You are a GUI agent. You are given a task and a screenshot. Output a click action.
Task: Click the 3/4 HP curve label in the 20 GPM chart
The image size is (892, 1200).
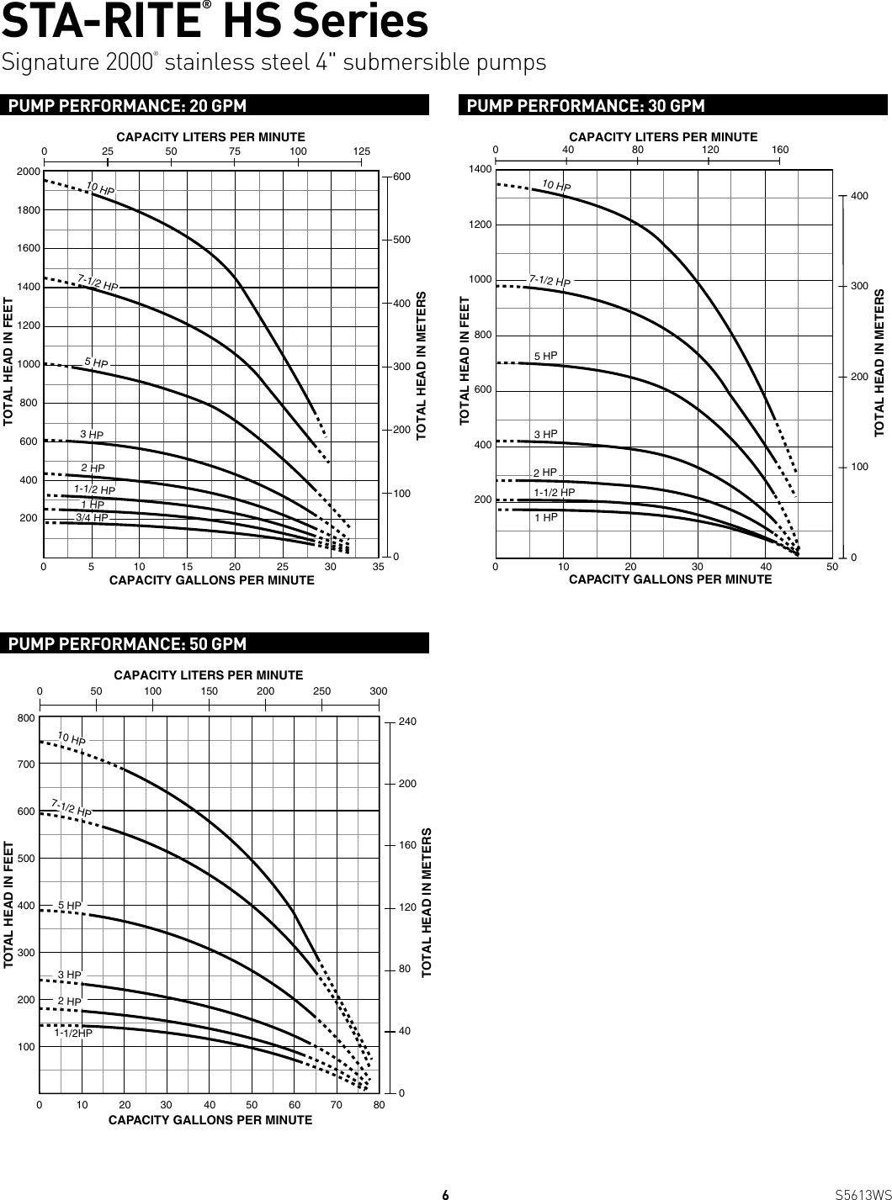coord(92,518)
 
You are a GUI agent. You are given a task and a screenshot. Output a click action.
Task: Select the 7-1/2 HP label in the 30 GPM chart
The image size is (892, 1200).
coord(550,280)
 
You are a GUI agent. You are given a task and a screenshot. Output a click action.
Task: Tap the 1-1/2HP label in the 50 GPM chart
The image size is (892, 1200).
coord(73,1033)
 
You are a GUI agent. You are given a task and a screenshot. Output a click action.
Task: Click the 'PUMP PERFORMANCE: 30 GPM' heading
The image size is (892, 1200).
coord(585,105)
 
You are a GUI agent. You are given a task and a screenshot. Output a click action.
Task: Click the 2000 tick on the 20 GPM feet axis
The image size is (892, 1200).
coord(29,171)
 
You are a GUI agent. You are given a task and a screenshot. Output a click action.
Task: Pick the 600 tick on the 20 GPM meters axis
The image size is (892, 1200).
coord(402,177)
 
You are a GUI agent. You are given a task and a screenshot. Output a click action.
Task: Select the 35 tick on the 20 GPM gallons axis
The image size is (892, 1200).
coord(379,568)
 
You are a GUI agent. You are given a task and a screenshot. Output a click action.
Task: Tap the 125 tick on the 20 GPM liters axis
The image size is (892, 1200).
coord(361,151)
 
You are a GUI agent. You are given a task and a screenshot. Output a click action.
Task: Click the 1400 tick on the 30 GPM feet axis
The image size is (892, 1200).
coord(481,169)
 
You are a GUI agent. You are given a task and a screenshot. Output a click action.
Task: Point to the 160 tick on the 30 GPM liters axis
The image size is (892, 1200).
coord(780,150)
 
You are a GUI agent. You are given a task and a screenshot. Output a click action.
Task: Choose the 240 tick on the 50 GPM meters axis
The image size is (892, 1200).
coord(407,722)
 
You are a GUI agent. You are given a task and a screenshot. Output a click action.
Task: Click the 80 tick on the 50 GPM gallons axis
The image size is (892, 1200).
coord(380,1104)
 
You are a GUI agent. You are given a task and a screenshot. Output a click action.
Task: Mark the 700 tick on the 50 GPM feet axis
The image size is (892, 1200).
coord(25,764)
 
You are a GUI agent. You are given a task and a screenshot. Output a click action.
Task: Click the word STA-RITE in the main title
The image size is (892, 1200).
coord(104,23)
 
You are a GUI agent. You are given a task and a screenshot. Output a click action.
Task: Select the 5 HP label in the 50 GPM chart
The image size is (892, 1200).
coord(70,906)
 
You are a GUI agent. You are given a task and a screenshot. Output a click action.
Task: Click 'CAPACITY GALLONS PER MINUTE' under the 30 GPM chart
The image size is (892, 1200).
coord(670,579)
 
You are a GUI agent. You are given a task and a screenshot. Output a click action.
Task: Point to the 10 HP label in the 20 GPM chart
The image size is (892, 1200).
coord(100,189)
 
